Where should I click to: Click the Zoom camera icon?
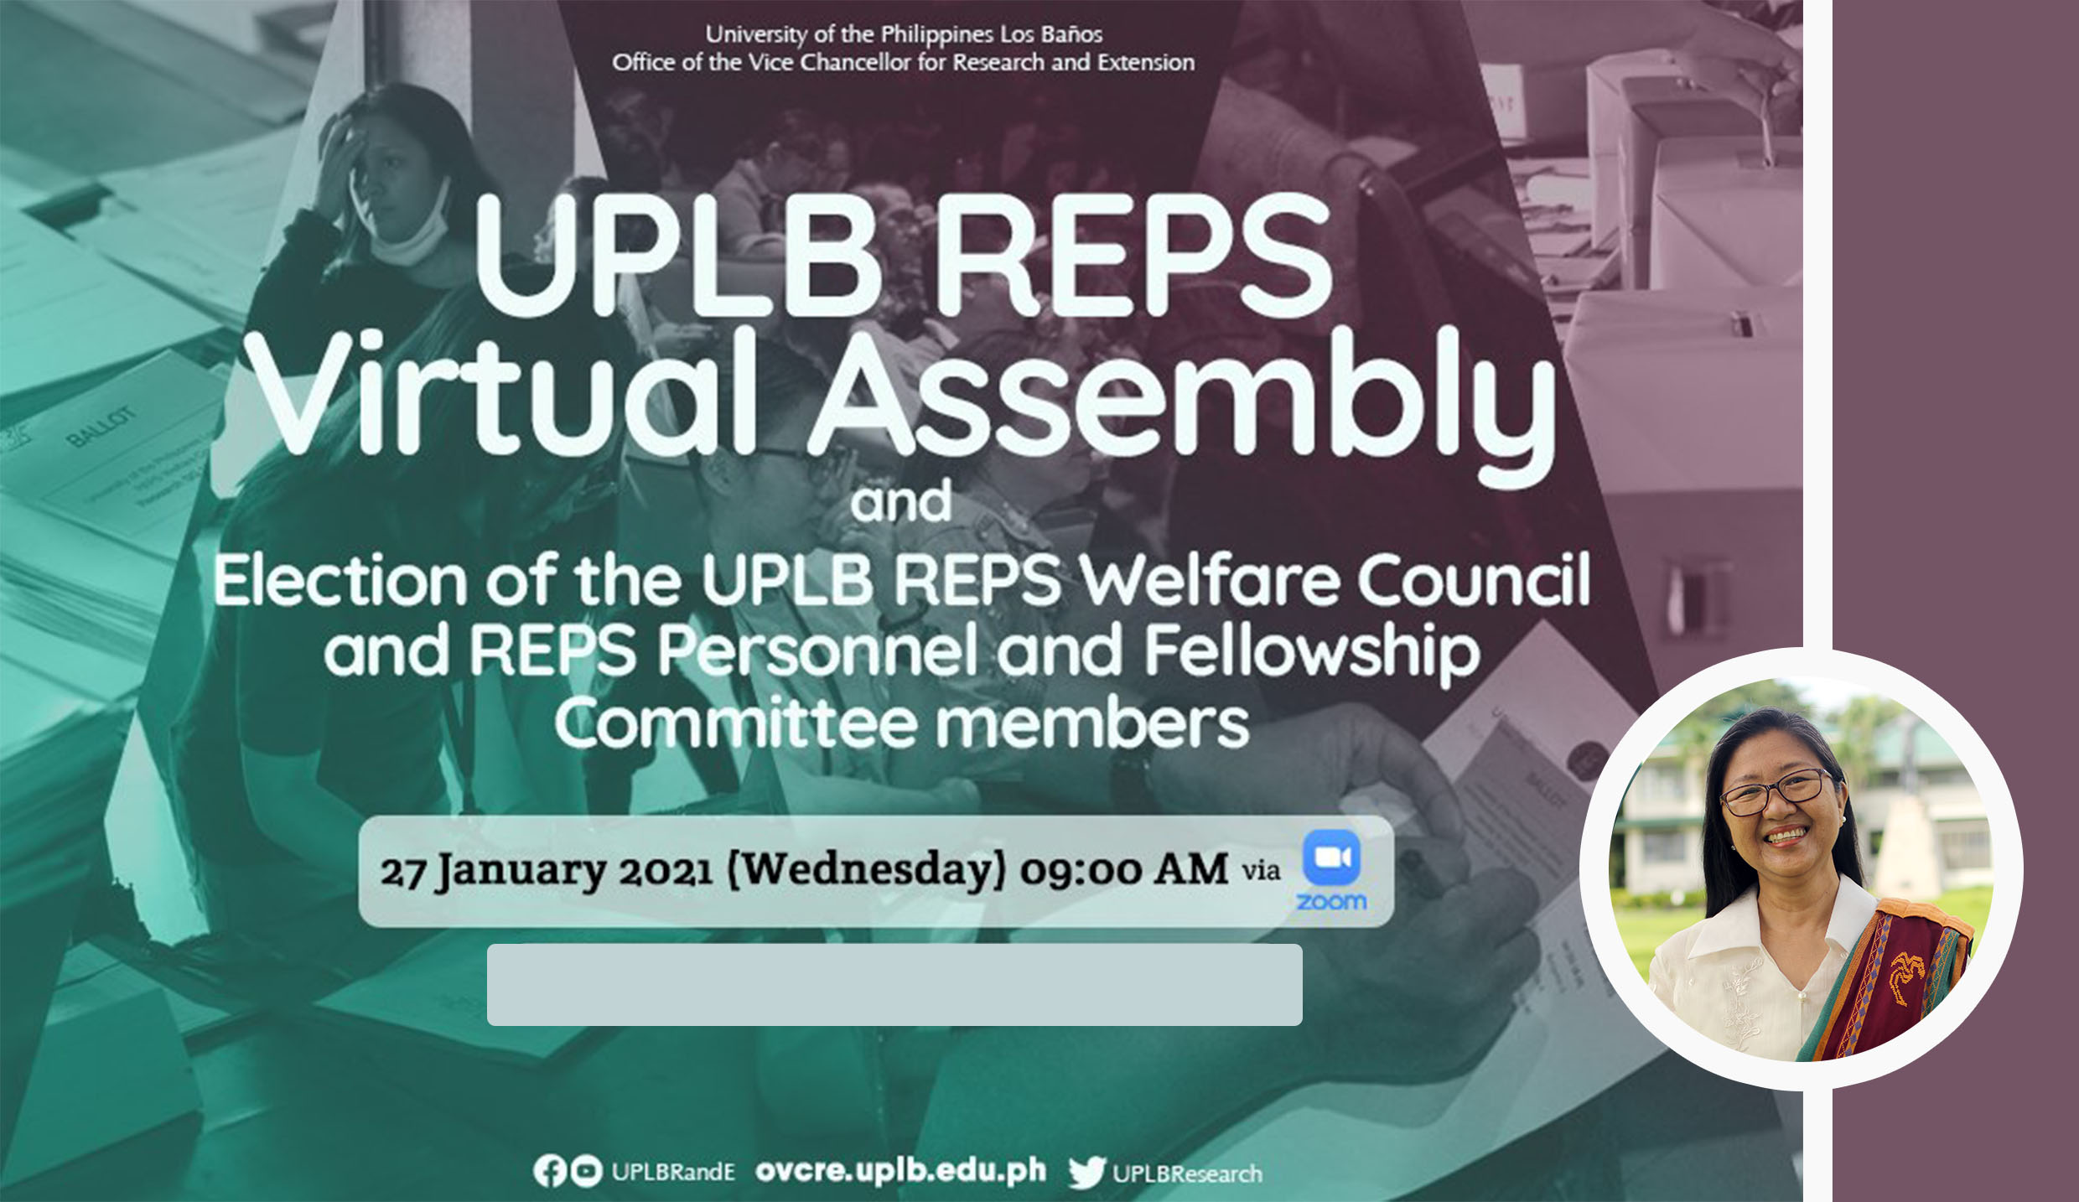click(x=1331, y=857)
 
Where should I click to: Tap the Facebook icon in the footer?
click(x=550, y=1171)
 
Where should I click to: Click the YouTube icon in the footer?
click(x=586, y=1171)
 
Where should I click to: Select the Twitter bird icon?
click(x=1087, y=1173)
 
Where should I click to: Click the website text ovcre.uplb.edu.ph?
click(x=900, y=1170)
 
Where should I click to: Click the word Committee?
click(x=736, y=723)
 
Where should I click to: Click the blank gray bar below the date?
click(x=894, y=985)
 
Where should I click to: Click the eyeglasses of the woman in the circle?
click(x=1774, y=790)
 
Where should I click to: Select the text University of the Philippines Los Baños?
click(x=904, y=34)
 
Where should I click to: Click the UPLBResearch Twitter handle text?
click(x=1187, y=1174)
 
